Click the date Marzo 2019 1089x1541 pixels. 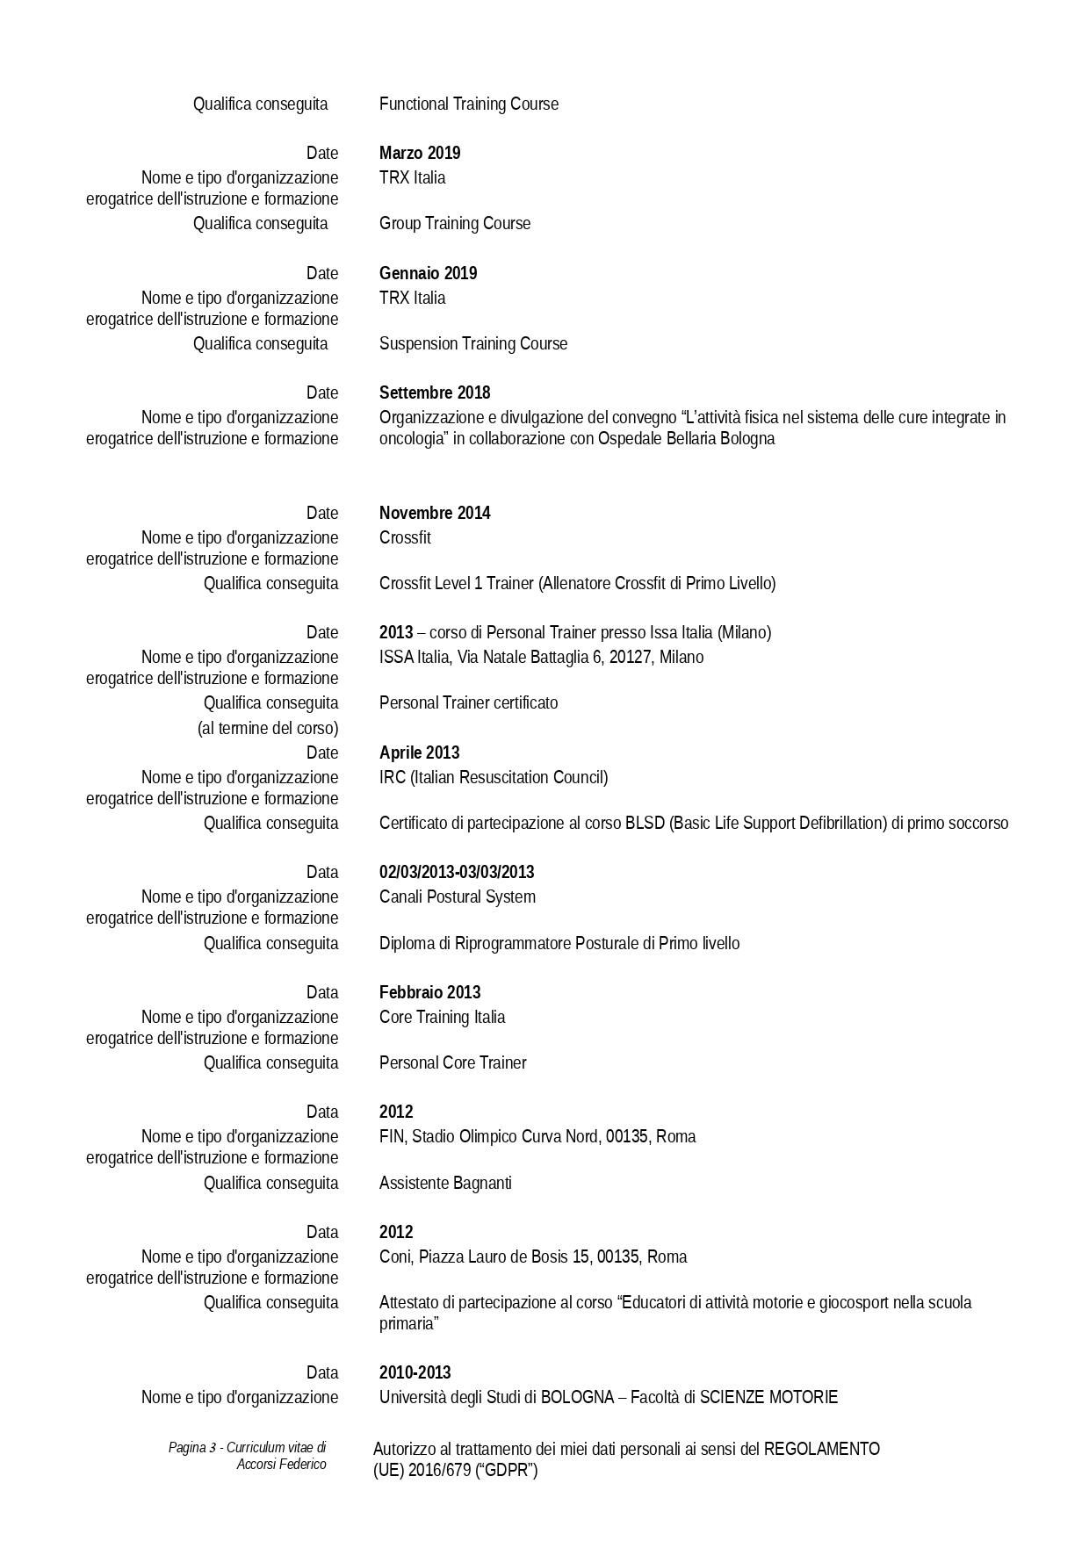click(420, 154)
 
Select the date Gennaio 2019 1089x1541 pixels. click(428, 274)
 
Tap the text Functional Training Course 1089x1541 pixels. click(468, 104)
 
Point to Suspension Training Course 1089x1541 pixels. click(472, 344)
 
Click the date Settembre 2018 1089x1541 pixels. click(435, 393)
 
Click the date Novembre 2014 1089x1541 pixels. click(435, 514)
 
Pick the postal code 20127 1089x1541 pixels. click(628, 658)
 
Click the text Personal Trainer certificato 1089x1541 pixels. click(468, 703)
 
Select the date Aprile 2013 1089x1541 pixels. click(419, 753)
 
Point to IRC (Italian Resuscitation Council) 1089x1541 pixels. click(493, 778)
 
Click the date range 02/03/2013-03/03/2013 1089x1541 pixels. click(457, 873)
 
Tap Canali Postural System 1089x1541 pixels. click(457, 897)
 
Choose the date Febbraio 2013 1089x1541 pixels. click(429, 993)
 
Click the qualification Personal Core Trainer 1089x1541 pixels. click(452, 1063)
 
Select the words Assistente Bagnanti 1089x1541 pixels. click(445, 1184)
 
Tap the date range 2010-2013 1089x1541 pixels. click(415, 1373)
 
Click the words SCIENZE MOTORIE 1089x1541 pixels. click(768, 1398)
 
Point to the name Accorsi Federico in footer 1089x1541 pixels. click(281, 1465)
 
